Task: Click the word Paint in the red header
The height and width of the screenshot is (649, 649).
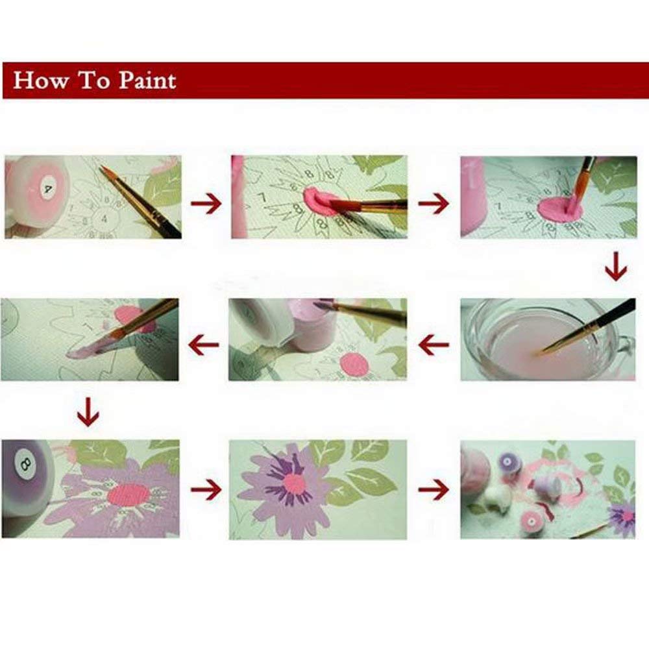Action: (x=147, y=80)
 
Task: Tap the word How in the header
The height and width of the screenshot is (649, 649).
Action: (x=40, y=80)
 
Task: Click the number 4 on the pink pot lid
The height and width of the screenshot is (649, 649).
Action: (x=49, y=190)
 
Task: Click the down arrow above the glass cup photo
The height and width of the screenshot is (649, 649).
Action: (x=616, y=266)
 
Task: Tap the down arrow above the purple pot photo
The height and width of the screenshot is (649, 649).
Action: (x=88, y=412)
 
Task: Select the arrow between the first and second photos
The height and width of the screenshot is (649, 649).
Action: (x=206, y=203)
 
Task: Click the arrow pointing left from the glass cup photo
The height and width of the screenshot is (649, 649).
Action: (x=434, y=345)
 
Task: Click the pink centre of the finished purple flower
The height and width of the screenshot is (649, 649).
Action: (x=294, y=483)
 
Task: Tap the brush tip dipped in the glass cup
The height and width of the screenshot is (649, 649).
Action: (x=541, y=351)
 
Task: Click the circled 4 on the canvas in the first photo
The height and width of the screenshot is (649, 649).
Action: (x=104, y=218)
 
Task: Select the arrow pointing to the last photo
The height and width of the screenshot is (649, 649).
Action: (x=434, y=489)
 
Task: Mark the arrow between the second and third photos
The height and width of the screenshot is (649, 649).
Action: (x=434, y=203)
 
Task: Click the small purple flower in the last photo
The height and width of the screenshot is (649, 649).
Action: (x=622, y=515)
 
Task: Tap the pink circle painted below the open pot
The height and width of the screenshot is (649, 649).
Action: (x=354, y=364)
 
